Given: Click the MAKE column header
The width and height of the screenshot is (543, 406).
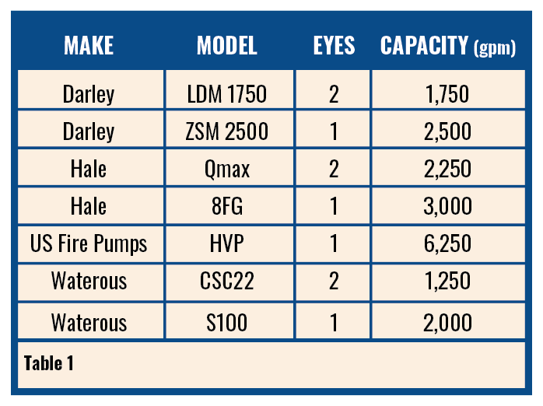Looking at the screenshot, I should coord(89,46).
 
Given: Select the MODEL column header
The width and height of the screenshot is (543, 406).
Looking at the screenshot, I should coord(226,46).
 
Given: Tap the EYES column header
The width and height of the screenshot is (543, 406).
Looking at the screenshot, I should coord(334,46).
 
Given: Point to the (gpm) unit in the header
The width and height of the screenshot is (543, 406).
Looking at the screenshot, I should coord(495,48).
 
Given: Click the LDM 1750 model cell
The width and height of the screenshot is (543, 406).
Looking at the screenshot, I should coord(226,95).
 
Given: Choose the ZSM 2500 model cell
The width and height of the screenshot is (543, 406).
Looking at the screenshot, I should coord(226,131).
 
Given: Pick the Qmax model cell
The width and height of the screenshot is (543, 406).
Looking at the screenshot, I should coord(226,169).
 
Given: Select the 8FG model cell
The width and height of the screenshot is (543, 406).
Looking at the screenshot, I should coord(226,206).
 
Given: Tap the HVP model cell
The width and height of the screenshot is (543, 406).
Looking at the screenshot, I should coord(226,243).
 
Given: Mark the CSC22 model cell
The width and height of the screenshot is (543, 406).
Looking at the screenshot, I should coord(226,281).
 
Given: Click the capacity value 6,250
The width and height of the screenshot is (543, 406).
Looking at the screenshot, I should coord(447,243).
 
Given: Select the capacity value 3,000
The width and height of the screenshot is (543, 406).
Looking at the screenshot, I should coord(447,206).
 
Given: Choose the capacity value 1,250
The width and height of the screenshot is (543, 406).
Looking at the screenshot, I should coord(447,281).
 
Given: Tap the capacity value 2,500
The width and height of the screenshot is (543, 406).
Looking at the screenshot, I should coord(447,131).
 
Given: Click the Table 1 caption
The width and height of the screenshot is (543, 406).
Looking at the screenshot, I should coord(48,362).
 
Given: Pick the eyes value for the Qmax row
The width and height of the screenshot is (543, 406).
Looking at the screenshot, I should coord(334,169).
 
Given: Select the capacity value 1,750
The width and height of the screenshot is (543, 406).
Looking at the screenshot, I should coord(447,95).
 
